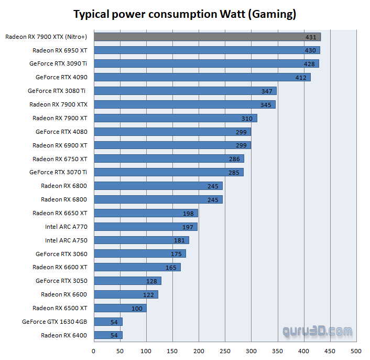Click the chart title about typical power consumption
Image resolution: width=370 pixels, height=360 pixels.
coord(184,14)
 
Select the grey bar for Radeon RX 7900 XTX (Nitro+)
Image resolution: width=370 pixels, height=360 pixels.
coord(207,37)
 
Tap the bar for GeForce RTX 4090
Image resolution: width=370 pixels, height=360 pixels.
coord(202,77)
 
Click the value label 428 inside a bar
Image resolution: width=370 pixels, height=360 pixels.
coord(309,64)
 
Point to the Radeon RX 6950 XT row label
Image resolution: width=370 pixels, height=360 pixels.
coord(60,50)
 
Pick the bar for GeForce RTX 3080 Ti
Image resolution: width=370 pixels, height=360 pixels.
coord(185,91)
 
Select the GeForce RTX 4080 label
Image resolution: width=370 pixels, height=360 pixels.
coord(61,132)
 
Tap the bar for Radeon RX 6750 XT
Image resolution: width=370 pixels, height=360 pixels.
coord(169,158)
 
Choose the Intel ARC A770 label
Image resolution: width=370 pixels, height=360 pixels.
coord(66,227)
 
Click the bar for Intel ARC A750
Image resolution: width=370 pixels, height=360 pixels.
coord(141,240)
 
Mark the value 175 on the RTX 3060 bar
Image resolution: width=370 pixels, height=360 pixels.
coord(176,254)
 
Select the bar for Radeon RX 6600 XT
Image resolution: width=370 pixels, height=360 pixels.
coord(137,267)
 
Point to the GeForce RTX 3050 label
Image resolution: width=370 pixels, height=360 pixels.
coord(61,281)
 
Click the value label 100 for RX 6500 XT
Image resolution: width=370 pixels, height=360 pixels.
coord(137,309)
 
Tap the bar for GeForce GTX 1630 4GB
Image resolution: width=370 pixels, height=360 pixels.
coord(108,322)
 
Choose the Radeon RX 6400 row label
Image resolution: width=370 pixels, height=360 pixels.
coord(64,335)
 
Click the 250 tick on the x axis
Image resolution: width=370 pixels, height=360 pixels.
coord(225,351)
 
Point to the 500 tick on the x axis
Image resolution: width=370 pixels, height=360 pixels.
coord(356,351)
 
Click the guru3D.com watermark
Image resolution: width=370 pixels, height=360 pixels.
coord(318,332)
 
